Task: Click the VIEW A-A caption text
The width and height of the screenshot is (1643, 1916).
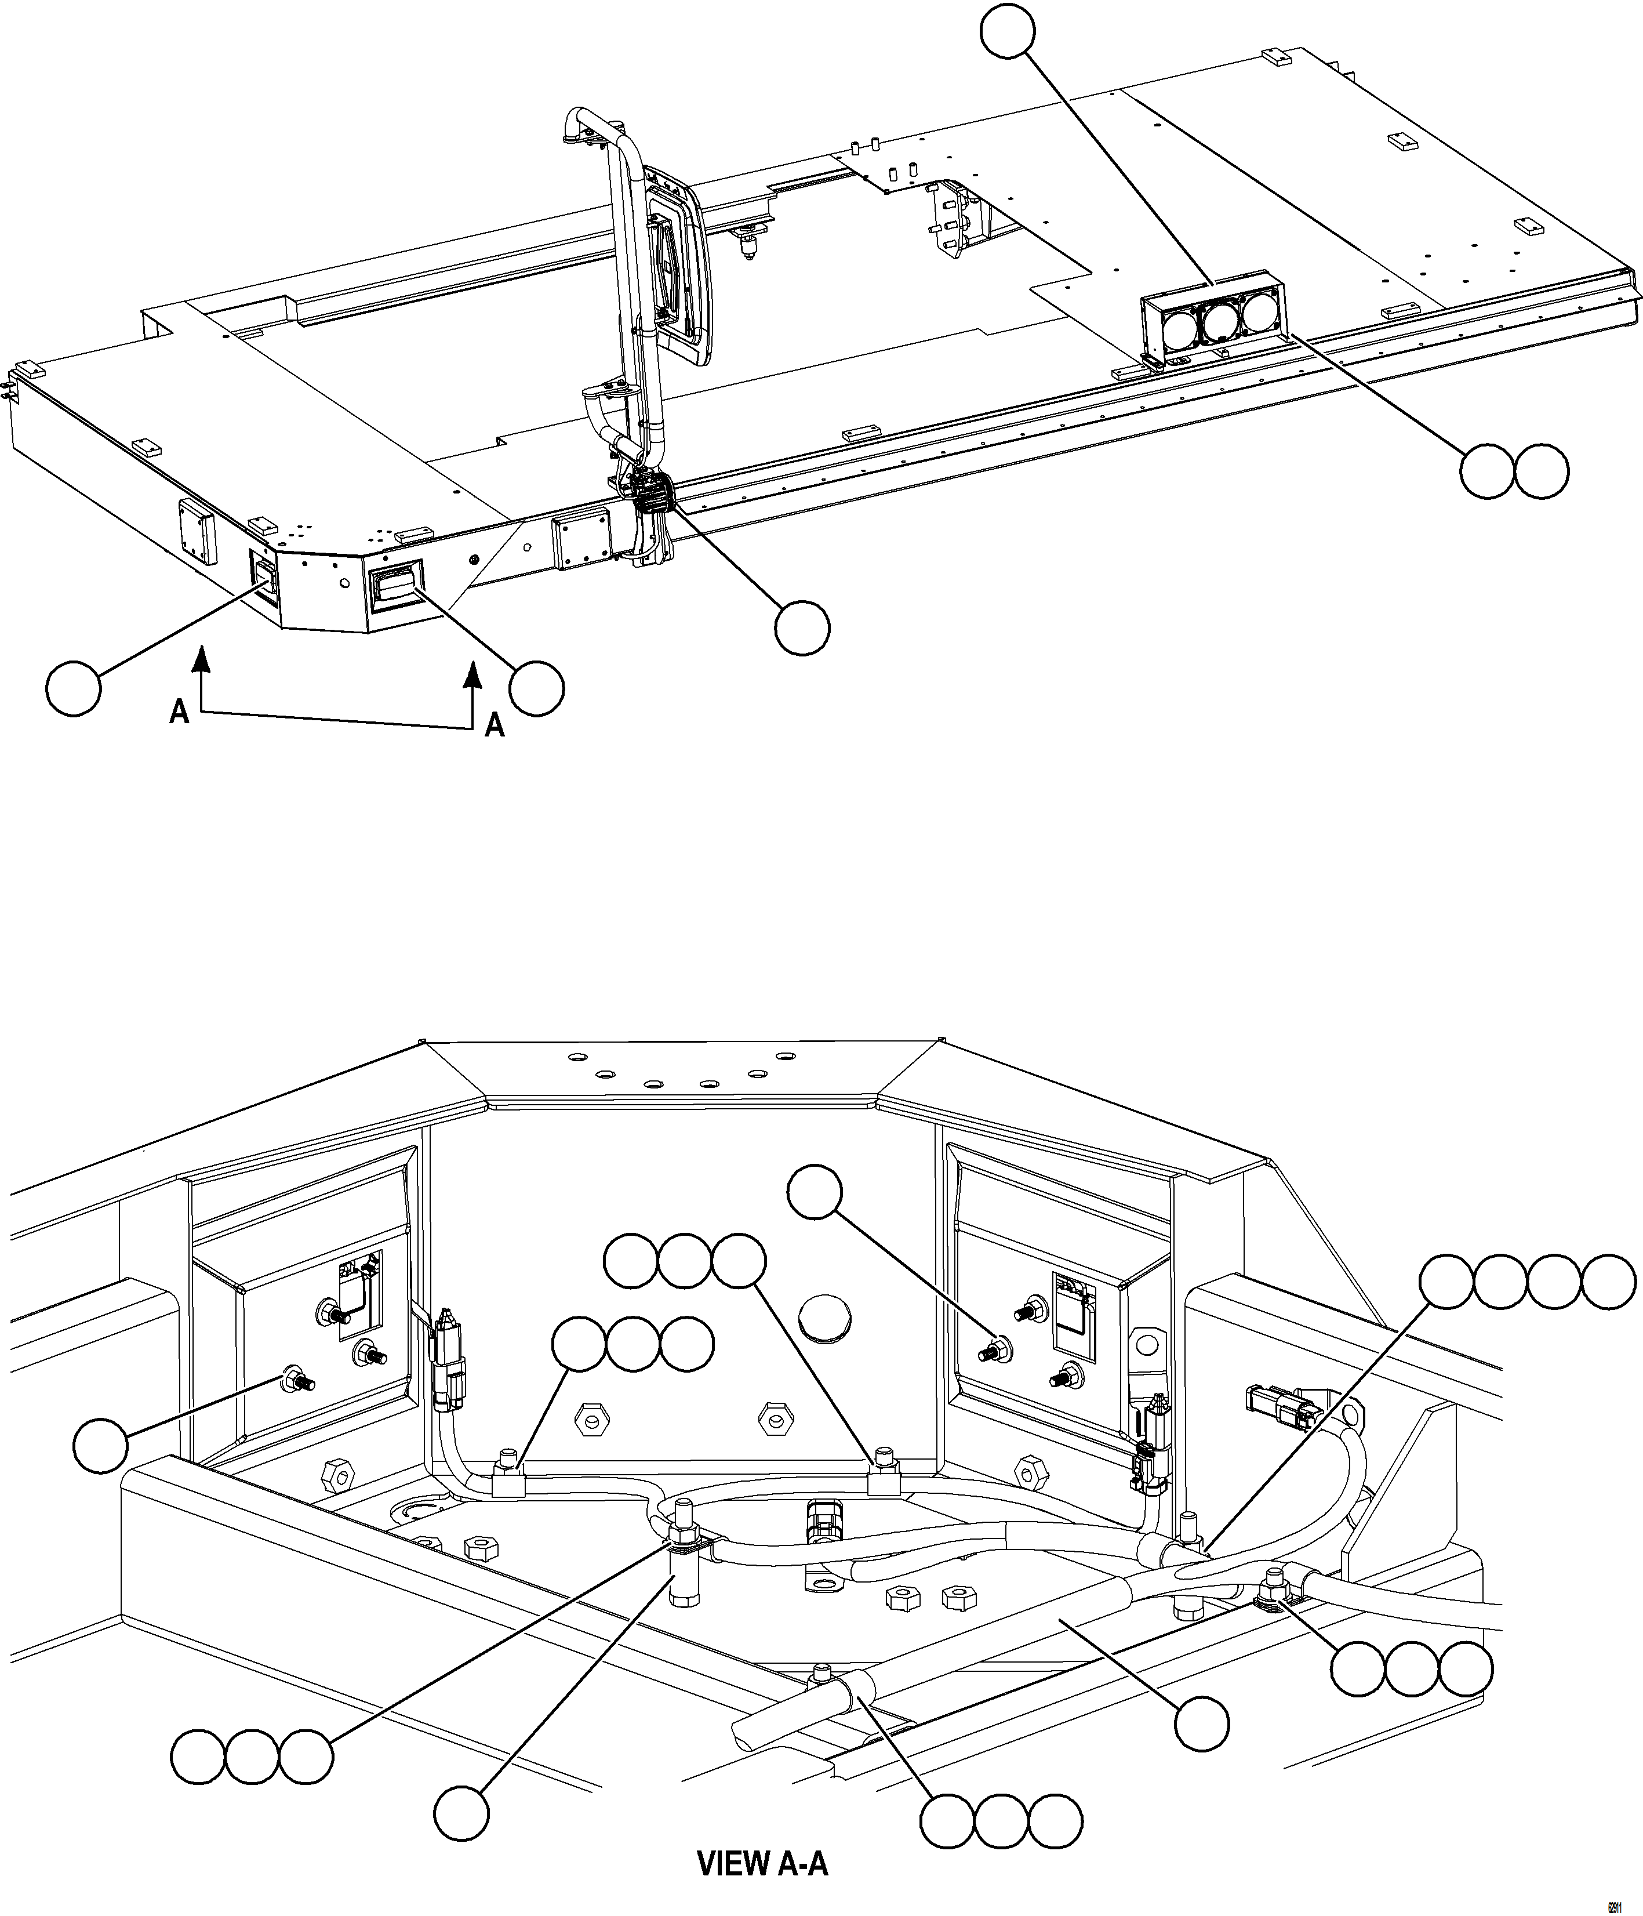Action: pos(762,1863)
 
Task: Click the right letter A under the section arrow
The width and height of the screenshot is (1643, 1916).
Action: pos(496,726)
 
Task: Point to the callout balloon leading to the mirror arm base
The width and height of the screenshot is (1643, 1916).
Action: pos(802,629)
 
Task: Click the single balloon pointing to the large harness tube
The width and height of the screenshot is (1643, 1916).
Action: pos(1201,1723)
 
